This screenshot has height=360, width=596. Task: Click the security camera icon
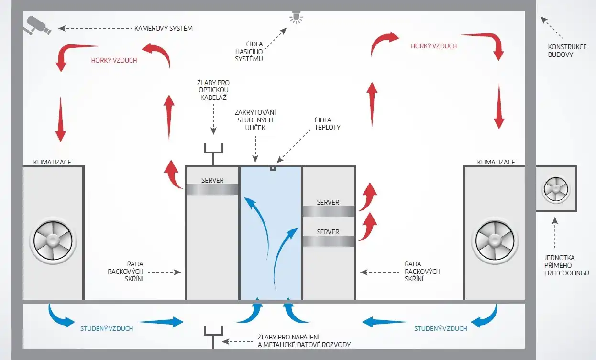(x=37, y=25)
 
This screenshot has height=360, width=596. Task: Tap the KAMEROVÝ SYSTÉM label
(x=164, y=28)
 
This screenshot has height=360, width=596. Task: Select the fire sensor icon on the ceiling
(x=296, y=17)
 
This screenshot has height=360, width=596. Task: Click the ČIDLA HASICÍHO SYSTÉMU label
(x=249, y=51)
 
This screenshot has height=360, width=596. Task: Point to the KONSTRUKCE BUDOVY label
(x=567, y=51)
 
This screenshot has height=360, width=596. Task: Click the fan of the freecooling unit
(x=556, y=189)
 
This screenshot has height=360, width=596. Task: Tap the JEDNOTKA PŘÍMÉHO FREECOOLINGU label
(x=566, y=265)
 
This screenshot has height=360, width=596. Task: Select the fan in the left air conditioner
(x=53, y=240)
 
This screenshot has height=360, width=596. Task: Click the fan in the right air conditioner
(x=495, y=240)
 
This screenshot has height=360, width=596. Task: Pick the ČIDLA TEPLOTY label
(x=328, y=124)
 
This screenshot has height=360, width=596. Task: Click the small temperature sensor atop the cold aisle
(x=272, y=169)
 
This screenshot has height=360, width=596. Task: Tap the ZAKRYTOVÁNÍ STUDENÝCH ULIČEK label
(x=255, y=120)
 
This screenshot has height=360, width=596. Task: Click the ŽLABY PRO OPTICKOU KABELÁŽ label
(x=213, y=90)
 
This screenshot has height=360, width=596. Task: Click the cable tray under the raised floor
(x=213, y=336)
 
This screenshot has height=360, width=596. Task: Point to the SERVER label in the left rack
(x=212, y=180)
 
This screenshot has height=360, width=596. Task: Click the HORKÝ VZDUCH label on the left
(x=114, y=60)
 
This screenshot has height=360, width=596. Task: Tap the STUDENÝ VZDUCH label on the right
(x=441, y=328)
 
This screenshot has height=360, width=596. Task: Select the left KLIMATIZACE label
(x=52, y=162)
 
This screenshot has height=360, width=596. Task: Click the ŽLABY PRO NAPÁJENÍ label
(x=288, y=337)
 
